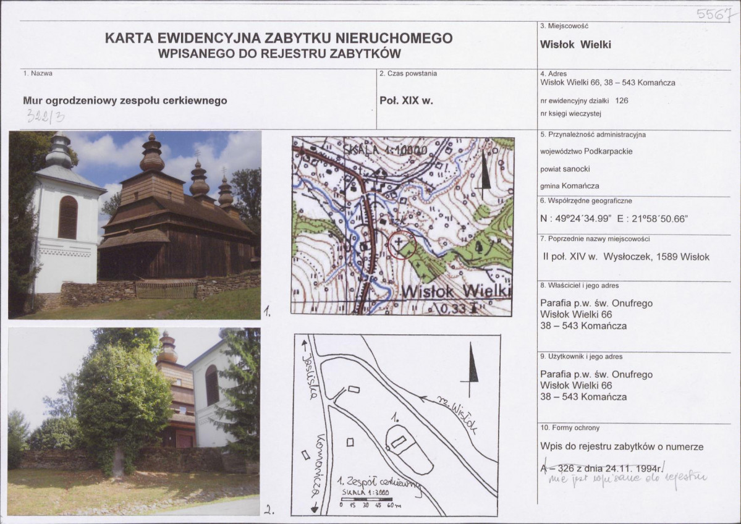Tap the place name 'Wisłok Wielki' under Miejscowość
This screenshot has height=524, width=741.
pos(575,44)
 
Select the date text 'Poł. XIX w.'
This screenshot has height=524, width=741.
pos(405,100)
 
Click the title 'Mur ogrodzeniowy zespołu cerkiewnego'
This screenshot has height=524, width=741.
pos(125,100)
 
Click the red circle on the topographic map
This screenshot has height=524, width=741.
pos(400,245)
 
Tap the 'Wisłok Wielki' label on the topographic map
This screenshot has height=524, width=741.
pos(456,291)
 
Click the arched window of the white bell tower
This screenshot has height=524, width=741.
pos(67,217)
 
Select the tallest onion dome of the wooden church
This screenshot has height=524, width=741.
pos(152,156)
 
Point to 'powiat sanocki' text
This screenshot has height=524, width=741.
pos(565,169)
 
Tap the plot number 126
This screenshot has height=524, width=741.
pos(622,100)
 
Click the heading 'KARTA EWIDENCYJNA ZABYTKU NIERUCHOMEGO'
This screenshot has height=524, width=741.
pos(279,38)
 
